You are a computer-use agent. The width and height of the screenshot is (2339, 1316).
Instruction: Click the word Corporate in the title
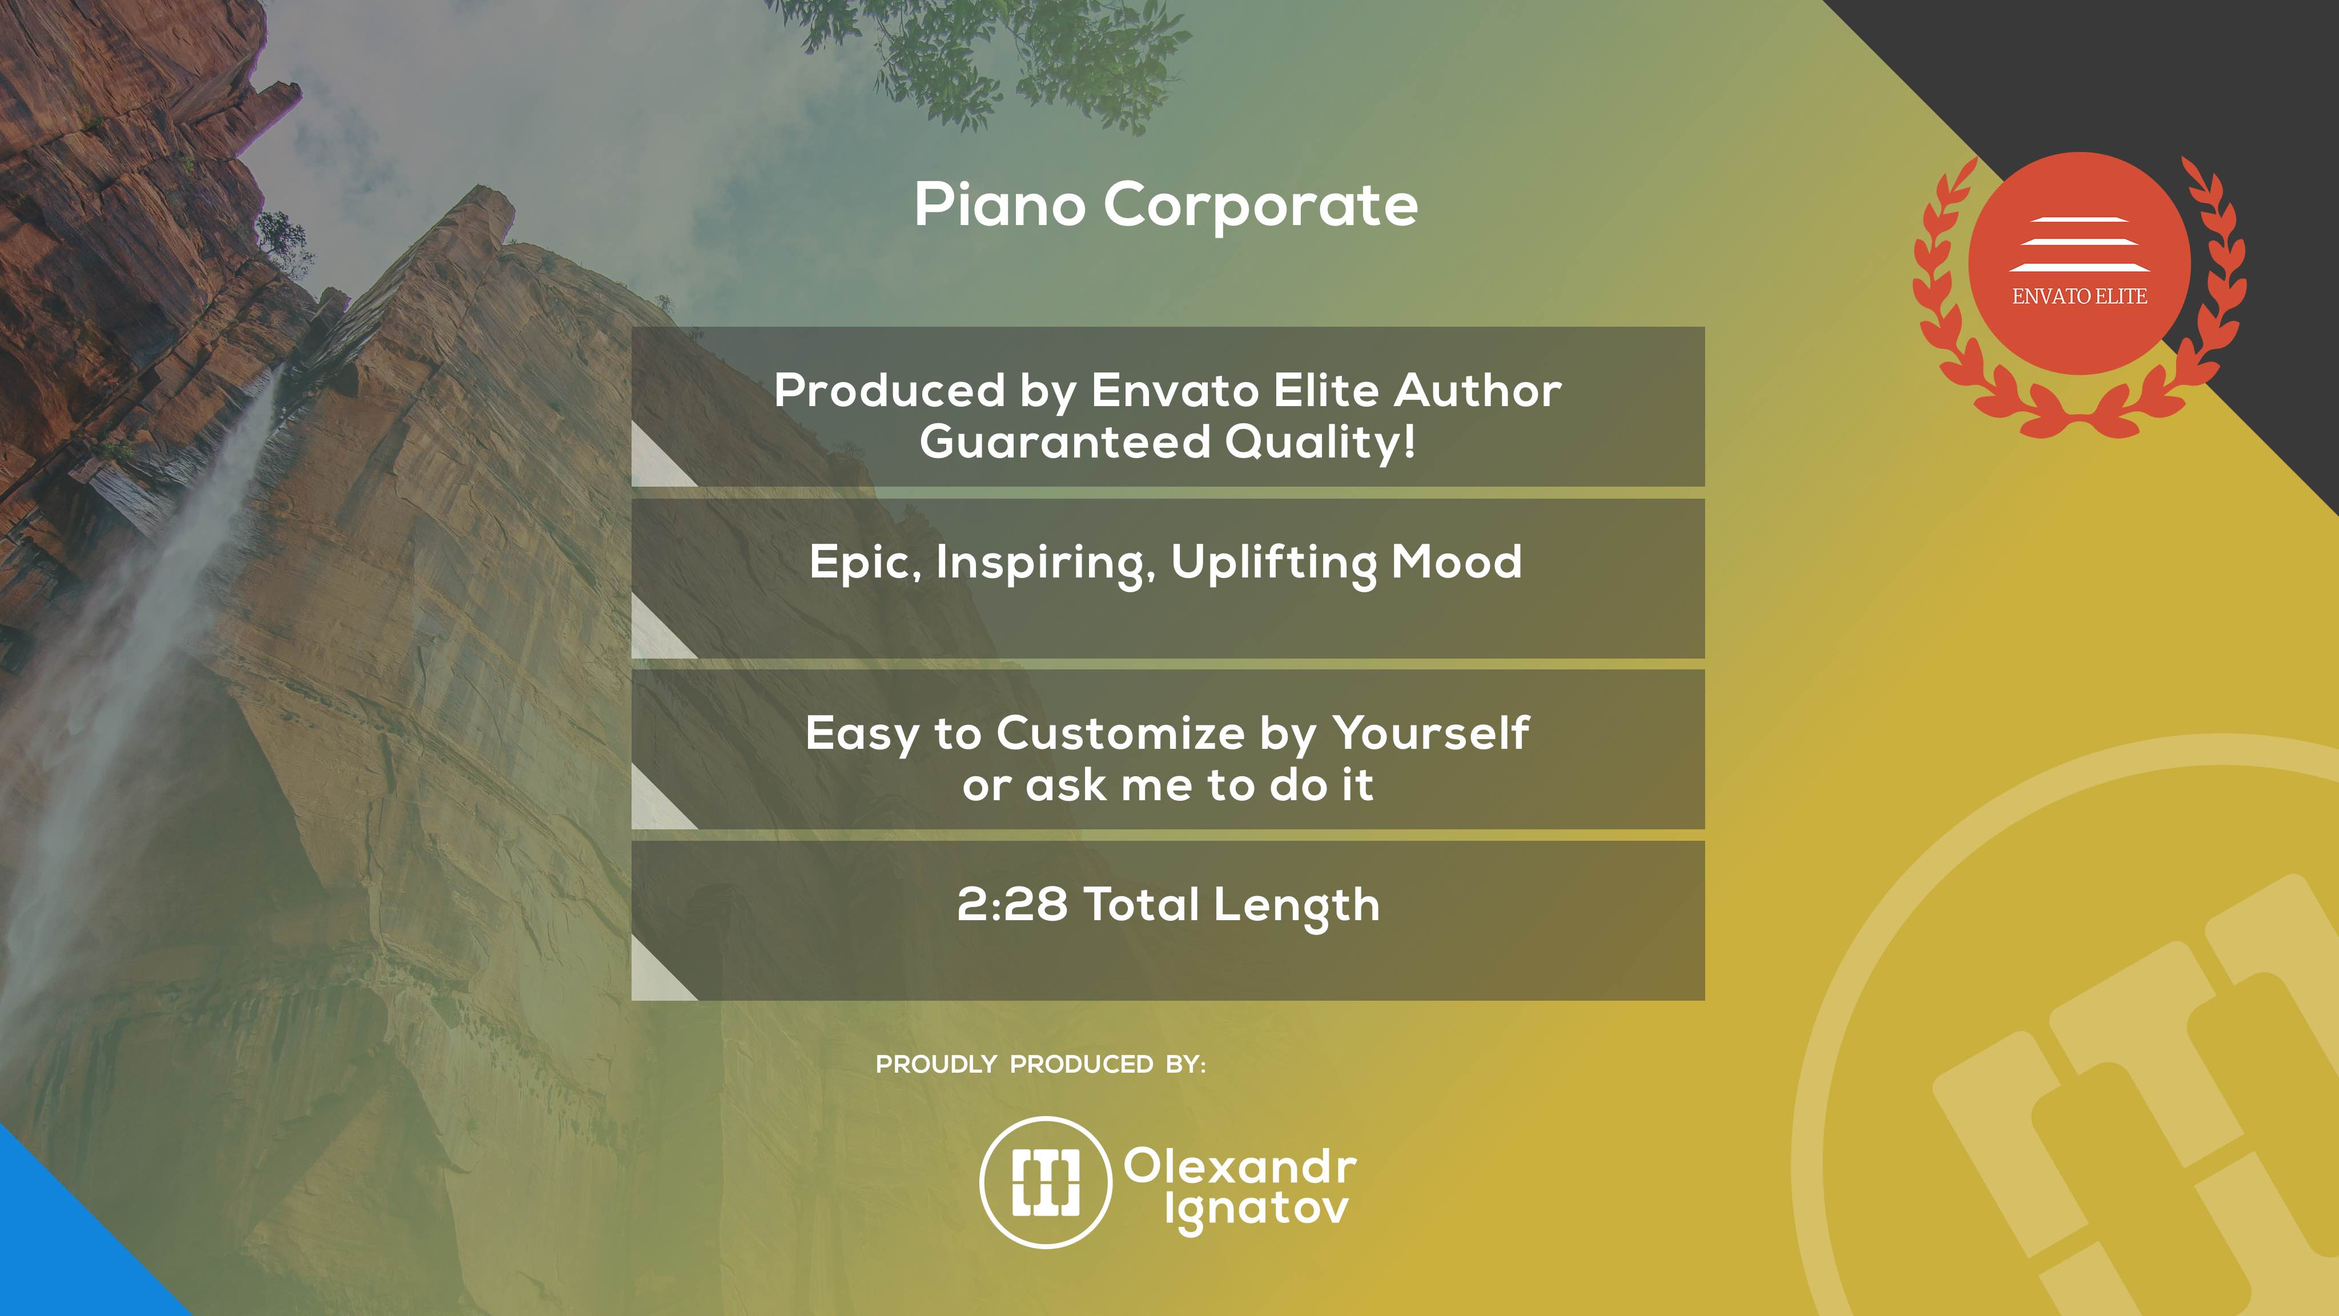tap(1260, 205)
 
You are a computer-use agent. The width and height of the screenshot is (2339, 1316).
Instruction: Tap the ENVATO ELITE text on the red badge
tap(2079, 296)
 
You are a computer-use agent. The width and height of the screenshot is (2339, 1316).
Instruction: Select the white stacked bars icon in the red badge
tap(2079, 244)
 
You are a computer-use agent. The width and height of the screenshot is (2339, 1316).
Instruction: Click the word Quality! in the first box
tap(1320, 442)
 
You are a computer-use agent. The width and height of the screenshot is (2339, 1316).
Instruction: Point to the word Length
tap(1297, 905)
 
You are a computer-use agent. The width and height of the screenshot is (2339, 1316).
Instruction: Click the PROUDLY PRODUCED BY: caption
tap(1040, 1065)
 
